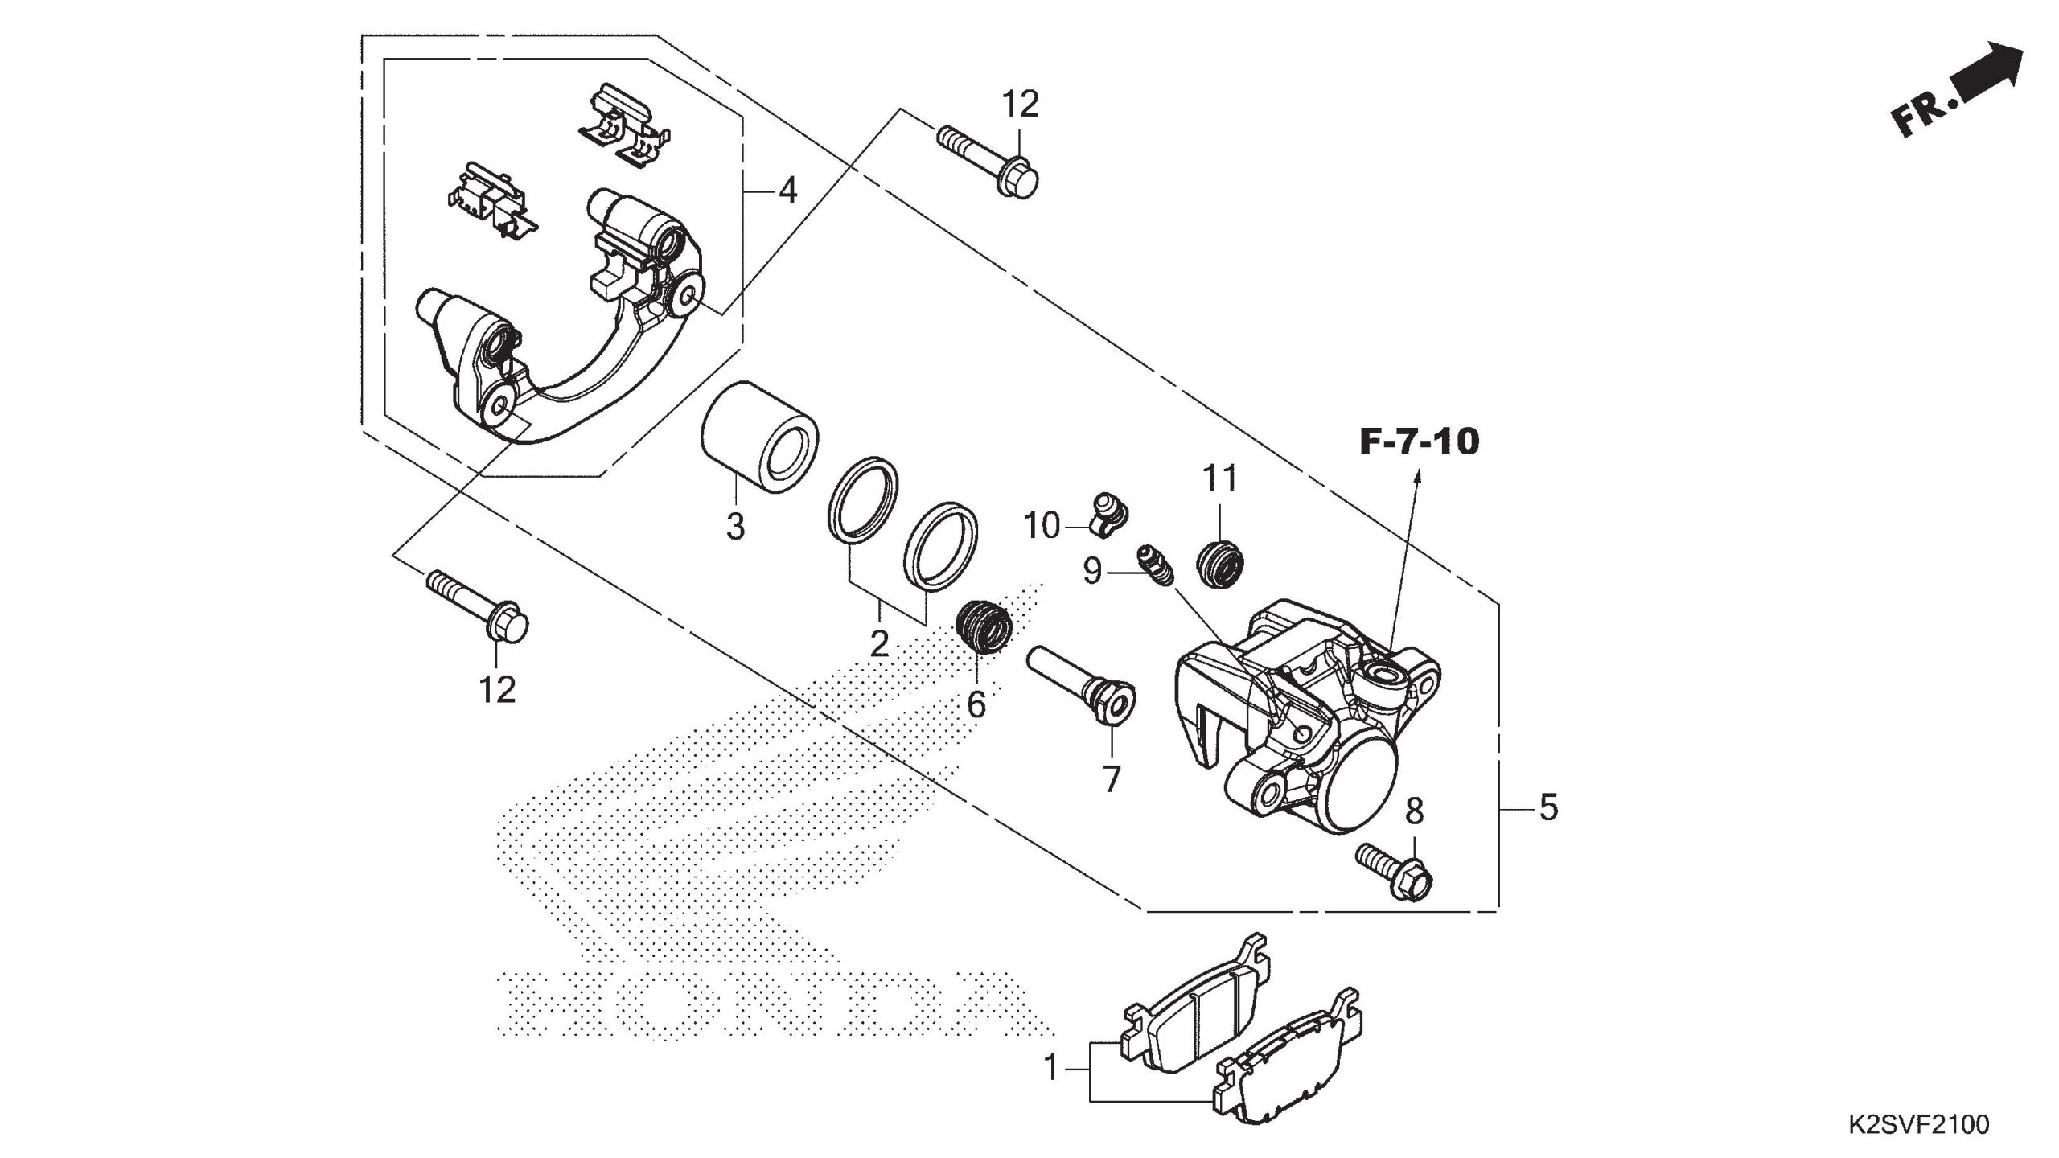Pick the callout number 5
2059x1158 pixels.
(x=1548, y=807)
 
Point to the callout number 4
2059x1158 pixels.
(x=787, y=191)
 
